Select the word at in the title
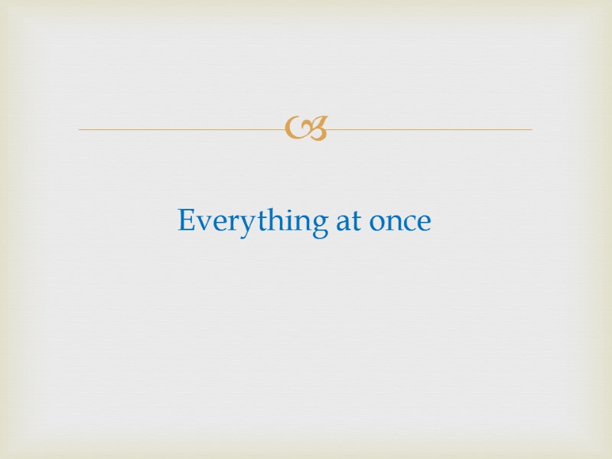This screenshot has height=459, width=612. pyautogui.click(x=347, y=222)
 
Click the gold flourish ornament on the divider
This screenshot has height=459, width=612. pyautogui.click(x=306, y=129)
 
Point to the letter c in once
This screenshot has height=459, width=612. pyautogui.click(x=409, y=223)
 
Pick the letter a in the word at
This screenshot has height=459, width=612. pyautogui.click(x=342, y=223)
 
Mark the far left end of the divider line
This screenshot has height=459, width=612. pyautogui.click(x=80, y=129)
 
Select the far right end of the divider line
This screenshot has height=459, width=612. pyautogui.click(x=531, y=129)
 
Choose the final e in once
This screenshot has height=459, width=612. pyautogui.click(x=424, y=223)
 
